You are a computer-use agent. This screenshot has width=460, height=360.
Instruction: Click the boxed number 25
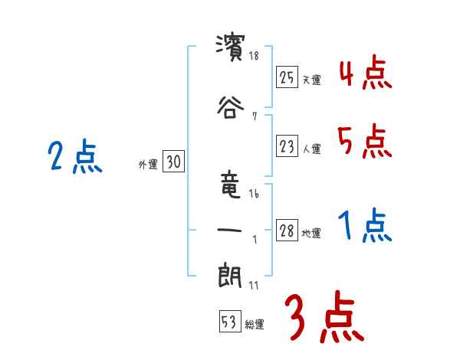(287, 77)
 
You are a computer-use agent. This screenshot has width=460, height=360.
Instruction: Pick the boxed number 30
(173, 162)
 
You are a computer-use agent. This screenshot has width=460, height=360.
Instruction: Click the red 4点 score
(365, 76)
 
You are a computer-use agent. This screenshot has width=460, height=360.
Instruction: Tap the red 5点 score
(365, 142)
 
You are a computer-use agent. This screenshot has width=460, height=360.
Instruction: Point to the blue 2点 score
(74, 158)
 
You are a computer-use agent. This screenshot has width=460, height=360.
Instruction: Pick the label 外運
(148, 164)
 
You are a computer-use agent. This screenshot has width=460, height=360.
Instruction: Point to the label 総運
(255, 325)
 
